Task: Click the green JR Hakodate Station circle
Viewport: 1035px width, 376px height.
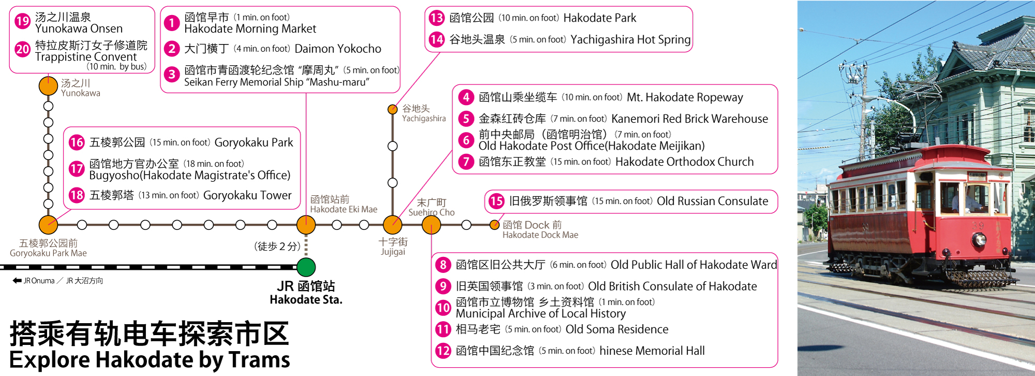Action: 306,267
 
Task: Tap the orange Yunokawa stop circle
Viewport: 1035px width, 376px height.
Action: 48,86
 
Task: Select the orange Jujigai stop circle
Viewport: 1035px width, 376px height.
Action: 392,225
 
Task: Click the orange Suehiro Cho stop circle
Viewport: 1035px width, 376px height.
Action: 431,225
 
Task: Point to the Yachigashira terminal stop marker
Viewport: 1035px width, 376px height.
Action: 393,109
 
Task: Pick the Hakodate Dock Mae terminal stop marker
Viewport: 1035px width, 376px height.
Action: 495,225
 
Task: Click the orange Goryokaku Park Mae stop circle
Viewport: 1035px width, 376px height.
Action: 48,225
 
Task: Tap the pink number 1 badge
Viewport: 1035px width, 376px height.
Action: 172,23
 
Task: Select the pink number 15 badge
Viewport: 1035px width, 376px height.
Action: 496,201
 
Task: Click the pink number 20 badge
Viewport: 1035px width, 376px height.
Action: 22,49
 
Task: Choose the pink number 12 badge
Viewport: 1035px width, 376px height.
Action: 443,351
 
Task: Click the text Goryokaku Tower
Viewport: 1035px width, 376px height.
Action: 247,195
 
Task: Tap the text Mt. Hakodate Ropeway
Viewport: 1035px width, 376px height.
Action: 685,97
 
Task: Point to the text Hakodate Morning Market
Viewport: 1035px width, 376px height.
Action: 250,29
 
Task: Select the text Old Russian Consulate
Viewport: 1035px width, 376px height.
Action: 712,201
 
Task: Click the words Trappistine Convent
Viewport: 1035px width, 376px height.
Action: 86,57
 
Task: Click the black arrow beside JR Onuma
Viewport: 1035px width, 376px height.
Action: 17,281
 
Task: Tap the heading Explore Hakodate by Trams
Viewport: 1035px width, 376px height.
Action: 150,360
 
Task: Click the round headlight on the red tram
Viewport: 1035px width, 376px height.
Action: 979,239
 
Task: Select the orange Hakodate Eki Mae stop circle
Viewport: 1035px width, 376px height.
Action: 306,225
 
